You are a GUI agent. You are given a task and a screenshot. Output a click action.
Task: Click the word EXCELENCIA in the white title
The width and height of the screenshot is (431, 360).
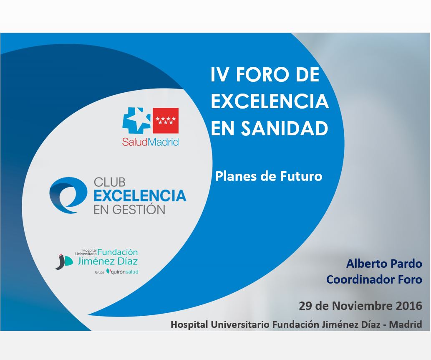click(x=270, y=101)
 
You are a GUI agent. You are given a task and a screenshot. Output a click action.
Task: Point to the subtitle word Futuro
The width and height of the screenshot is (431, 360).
click(x=301, y=176)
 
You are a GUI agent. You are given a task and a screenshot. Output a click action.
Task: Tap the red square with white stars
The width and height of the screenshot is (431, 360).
click(x=166, y=121)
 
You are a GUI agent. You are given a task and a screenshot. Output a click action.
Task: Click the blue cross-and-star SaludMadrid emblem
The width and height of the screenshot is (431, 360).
click(x=136, y=121)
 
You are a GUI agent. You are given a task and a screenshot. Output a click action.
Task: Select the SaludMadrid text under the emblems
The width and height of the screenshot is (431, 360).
click(x=150, y=142)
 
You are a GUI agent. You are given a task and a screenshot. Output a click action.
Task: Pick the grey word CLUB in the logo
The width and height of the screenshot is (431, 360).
click(x=110, y=183)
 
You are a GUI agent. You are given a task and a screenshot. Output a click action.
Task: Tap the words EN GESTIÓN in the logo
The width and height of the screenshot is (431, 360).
click(x=129, y=210)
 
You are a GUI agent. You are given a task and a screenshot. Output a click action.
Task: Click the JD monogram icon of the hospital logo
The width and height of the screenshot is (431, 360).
click(x=64, y=261)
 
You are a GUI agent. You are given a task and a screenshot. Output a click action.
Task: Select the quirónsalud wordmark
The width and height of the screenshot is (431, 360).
click(x=122, y=271)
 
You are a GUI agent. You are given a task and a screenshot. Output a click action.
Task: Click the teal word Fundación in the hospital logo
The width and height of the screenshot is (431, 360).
click(x=118, y=252)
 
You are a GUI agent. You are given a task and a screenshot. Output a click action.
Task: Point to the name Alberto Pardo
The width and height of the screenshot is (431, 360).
click(x=384, y=264)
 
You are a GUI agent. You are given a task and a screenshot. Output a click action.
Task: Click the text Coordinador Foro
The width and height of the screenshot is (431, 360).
click(x=374, y=279)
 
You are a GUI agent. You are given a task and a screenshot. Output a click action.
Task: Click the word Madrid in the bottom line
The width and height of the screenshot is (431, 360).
click(x=406, y=324)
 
